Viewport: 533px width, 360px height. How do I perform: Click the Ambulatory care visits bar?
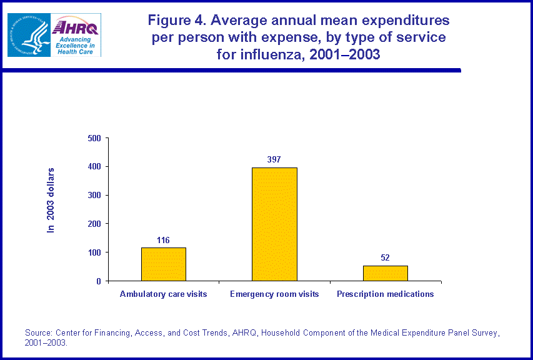[x=164, y=264]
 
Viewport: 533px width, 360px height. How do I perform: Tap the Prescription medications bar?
[x=385, y=273]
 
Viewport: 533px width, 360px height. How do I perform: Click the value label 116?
[x=164, y=240]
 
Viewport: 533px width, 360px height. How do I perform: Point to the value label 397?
[x=274, y=159]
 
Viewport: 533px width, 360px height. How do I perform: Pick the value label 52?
[x=385, y=257]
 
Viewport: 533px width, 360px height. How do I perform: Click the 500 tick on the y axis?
[x=94, y=138]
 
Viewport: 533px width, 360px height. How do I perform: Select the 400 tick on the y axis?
[x=94, y=167]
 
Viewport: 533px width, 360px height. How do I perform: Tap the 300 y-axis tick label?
[x=94, y=195]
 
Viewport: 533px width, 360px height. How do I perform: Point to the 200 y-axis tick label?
[x=94, y=224]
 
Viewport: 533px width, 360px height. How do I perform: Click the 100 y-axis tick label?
[x=94, y=252]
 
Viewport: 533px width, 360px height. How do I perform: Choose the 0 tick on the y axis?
[x=99, y=281]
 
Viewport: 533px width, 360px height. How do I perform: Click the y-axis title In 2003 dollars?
[x=52, y=200]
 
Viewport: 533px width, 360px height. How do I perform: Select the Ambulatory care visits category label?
[x=164, y=294]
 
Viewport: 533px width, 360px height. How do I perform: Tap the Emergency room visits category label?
[x=274, y=294]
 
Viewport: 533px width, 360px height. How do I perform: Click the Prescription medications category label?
[x=385, y=294]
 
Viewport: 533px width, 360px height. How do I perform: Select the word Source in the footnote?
[x=38, y=332]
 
